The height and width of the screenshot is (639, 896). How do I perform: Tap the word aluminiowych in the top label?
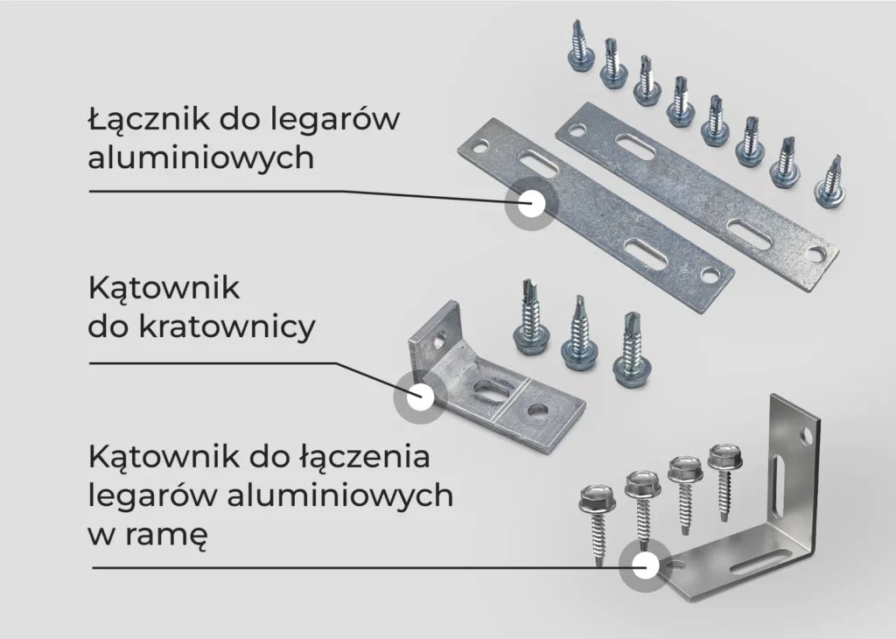coord(201,157)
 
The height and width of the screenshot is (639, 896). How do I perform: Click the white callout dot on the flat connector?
coord(531,203)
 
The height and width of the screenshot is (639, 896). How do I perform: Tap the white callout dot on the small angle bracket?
coord(420,396)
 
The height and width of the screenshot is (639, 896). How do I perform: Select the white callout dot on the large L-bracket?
coord(645,565)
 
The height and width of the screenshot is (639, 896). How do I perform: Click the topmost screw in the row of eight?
coord(580,46)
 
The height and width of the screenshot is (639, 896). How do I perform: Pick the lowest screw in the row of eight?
coord(831,182)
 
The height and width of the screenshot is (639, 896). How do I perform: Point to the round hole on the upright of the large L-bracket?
coord(806,438)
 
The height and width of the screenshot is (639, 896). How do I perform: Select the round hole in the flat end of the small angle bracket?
coord(537,410)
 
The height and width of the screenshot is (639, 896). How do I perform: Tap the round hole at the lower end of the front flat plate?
coord(709,276)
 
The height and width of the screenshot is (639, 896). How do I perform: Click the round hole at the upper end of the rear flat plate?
coord(576,132)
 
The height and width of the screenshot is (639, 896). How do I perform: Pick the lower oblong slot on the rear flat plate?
coord(749,234)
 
